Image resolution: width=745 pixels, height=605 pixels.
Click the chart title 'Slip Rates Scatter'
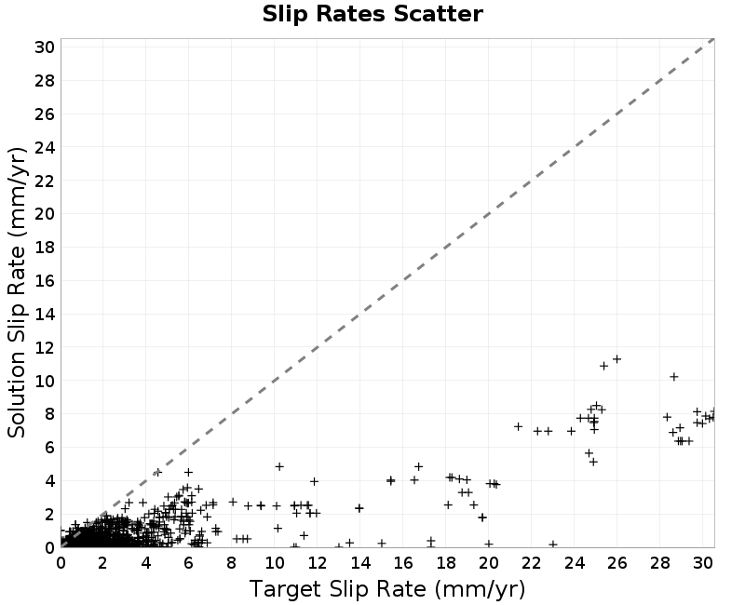pyautogui.click(x=372, y=14)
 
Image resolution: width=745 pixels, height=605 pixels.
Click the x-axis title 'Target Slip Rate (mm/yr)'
pyautogui.click(x=387, y=589)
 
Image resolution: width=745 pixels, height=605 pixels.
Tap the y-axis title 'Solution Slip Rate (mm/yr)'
pyautogui.click(x=17, y=292)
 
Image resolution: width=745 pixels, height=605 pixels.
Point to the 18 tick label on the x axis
pyautogui.click(x=446, y=563)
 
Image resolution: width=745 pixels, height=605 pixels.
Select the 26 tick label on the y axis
pyautogui.click(x=44, y=114)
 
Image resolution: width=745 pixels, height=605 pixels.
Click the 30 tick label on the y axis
pyautogui.click(x=44, y=47)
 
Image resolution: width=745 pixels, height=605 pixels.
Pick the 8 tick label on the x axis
pyautogui.click(x=231, y=563)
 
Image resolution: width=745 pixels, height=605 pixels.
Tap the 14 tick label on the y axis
pyautogui.click(x=44, y=314)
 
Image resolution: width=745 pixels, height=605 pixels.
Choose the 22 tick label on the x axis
pyautogui.click(x=531, y=563)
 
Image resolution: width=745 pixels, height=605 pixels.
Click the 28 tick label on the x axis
pyautogui.click(x=659, y=563)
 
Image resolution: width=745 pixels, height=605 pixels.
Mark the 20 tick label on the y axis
pyautogui.click(x=44, y=214)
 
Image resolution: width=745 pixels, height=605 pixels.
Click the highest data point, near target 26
pyautogui.click(x=616, y=359)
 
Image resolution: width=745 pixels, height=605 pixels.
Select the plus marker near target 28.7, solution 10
pyautogui.click(x=673, y=377)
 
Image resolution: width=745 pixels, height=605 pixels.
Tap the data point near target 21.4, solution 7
pyautogui.click(x=519, y=426)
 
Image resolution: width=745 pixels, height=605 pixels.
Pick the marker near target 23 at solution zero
pyautogui.click(x=552, y=544)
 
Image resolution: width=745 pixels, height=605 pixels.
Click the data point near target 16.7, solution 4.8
pyautogui.click(x=418, y=467)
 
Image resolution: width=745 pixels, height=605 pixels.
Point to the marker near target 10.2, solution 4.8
pyautogui.click(x=279, y=467)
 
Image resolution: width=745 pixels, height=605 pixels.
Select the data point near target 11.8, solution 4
pyautogui.click(x=314, y=481)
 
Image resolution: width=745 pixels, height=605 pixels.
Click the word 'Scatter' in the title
pyautogui.click(x=439, y=14)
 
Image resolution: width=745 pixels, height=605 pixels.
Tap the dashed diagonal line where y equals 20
pyautogui.click(x=488, y=214)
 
